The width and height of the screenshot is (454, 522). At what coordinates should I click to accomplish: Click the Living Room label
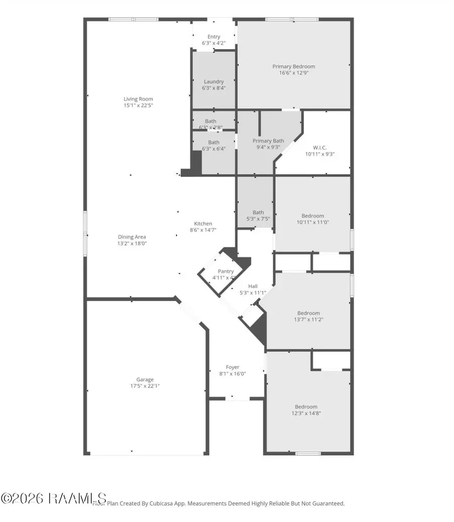[x=138, y=99]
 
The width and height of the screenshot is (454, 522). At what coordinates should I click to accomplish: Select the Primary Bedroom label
[x=294, y=67]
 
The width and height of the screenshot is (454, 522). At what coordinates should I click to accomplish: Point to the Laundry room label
[x=213, y=82]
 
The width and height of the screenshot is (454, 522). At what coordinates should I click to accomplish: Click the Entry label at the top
[x=213, y=37]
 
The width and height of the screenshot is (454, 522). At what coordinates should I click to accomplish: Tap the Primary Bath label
[x=268, y=141]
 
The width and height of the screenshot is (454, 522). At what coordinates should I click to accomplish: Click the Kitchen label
[x=203, y=224]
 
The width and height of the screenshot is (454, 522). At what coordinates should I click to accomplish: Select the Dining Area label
[x=132, y=237]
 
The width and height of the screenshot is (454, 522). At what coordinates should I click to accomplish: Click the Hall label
[x=253, y=286]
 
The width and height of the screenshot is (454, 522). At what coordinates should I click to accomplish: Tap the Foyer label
[x=233, y=367]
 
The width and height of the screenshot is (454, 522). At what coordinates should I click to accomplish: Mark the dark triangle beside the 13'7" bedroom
[x=260, y=329]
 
